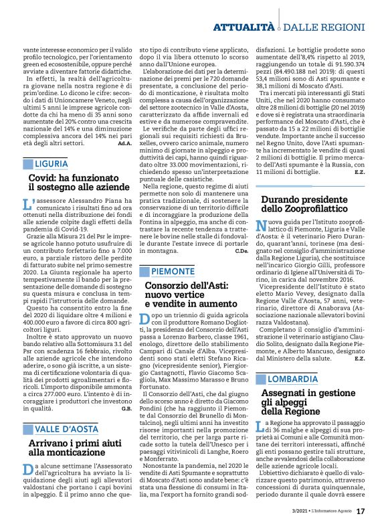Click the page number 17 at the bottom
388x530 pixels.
[x=360, y=512]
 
